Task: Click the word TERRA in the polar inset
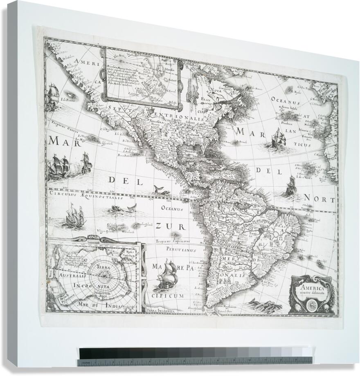tap(105, 266)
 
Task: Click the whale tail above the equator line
tap(157, 189)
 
